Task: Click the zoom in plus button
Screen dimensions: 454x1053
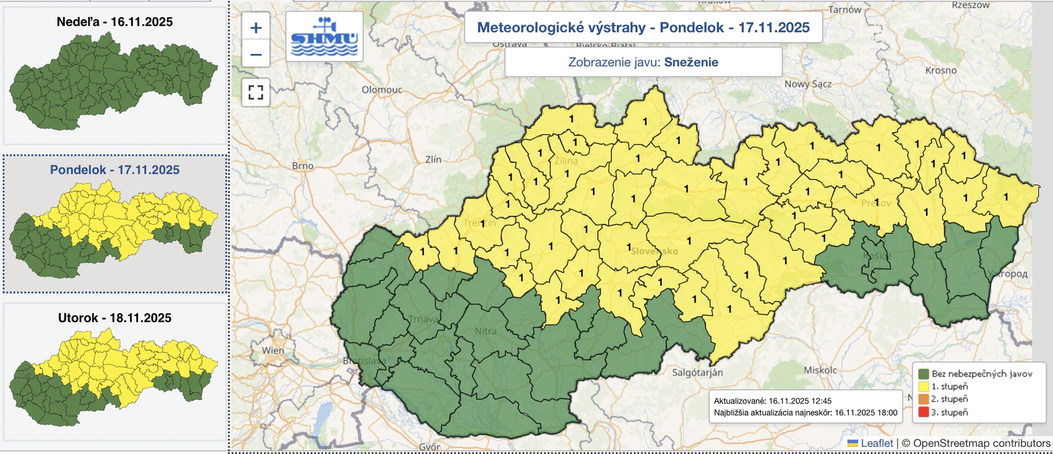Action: (256, 28)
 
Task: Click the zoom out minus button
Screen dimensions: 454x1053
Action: (256, 55)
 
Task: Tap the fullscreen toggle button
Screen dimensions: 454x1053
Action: (256, 92)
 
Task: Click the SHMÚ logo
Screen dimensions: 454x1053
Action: (324, 37)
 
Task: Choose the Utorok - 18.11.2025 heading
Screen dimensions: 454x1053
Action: (115, 318)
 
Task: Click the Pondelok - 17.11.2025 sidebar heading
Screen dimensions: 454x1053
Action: (115, 170)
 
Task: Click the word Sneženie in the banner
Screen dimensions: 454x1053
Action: (691, 63)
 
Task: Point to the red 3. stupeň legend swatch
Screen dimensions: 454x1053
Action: (923, 413)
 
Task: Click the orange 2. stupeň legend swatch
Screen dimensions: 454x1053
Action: (923, 399)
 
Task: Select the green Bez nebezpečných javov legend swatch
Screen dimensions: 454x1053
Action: (923, 374)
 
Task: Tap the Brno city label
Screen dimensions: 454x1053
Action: (303, 166)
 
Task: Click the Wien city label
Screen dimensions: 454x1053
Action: (273, 351)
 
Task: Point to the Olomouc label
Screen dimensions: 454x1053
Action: (382, 89)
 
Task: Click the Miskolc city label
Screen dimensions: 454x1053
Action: (820, 370)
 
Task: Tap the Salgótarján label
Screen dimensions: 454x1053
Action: (698, 372)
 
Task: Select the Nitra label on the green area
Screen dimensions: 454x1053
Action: (486, 331)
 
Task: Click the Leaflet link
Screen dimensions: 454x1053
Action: (877, 443)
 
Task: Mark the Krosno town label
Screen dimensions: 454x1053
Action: (940, 70)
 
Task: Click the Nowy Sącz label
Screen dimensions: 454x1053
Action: (808, 84)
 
